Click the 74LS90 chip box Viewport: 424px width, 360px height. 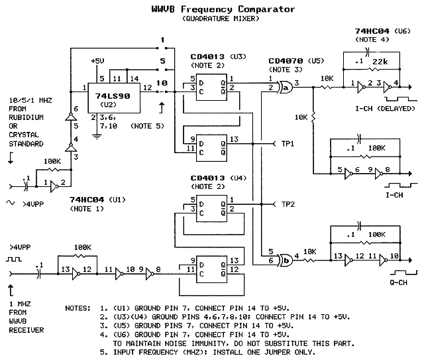click(114, 98)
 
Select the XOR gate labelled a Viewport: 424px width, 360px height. click(286, 87)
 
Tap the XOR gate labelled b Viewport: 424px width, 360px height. click(286, 261)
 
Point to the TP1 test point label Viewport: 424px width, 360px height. click(288, 144)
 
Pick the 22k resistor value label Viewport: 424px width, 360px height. click(380, 62)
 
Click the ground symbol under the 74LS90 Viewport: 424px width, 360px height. click(97, 137)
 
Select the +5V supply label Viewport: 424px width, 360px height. click(97, 61)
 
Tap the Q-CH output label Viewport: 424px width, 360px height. click(398, 282)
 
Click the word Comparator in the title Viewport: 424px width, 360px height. click(266, 9)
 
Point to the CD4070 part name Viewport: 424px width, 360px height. click(286, 61)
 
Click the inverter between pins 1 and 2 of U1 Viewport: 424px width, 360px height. click(54, 187)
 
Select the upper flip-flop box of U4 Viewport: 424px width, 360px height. click(211, 208)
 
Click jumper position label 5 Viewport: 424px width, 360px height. click(162, 61)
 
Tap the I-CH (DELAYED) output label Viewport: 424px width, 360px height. click(385, 109)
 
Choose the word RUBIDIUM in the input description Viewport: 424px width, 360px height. click(26, 117)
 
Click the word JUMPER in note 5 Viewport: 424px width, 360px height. click(277, 352)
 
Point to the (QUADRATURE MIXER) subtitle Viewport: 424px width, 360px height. click(221, 19)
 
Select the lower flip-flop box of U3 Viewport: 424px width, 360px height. click(211, 148)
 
